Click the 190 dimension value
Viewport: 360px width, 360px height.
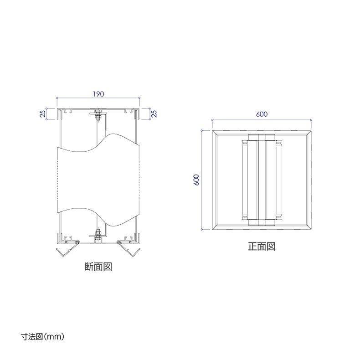pyautogui.click(x=98, y=94)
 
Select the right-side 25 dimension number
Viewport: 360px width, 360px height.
pyautogui.click(x=154, y=113)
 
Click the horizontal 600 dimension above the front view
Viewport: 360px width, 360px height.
pyautogui.click(x=262, y=114)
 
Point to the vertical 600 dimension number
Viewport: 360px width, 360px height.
pyautogui.click(x=196, y=180)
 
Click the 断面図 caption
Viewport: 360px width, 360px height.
pyautogui.click(x=98, y=267)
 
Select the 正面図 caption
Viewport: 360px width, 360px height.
pyautogui.click(x=262, y=247)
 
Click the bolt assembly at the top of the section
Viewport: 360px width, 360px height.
pyautogui.click(x=98, y=114)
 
